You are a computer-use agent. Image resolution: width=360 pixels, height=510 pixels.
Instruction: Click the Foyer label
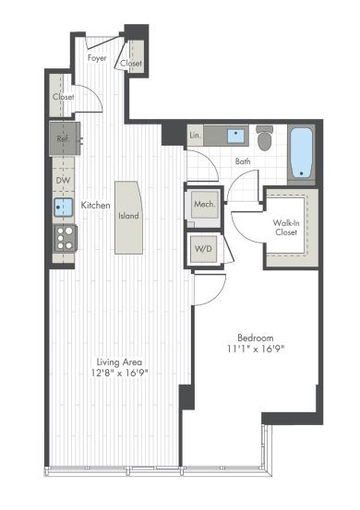[97, 58]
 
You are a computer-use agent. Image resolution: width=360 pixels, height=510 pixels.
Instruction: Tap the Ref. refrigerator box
[64, 139]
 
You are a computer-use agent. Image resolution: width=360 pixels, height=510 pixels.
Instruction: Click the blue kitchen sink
[64, 208]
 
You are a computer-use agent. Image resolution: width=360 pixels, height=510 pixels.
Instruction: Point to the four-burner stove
[66, 239]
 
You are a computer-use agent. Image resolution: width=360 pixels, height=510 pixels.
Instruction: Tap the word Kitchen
[96, 205]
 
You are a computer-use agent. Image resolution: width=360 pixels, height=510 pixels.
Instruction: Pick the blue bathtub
[303, 152]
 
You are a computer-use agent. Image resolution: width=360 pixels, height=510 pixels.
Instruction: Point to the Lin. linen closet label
[195, 136]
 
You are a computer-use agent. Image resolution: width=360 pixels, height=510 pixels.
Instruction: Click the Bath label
[243, 162]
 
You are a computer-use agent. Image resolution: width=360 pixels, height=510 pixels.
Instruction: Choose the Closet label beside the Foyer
[131, 63]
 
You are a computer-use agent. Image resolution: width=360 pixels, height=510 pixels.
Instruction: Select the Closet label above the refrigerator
[64, 96]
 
